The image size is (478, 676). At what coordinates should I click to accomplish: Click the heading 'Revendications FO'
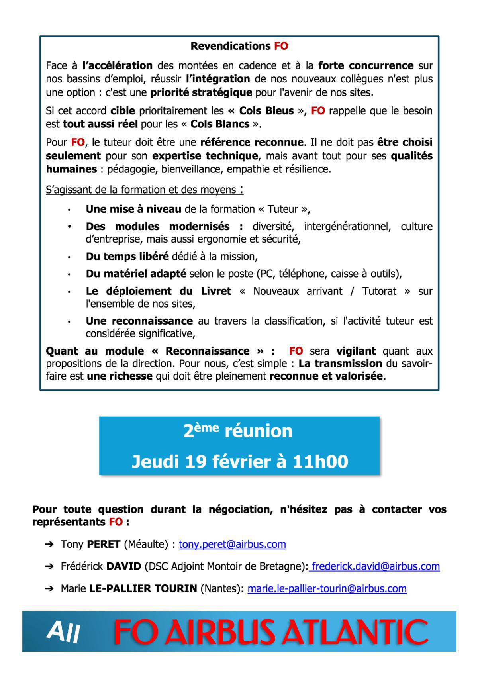pyautogui.click(x=239, y=46)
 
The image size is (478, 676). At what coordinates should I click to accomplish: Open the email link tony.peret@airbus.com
pyautogui.click(x=232, y=544)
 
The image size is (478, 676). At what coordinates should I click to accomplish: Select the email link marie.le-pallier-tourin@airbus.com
pyautogui.click(x=327, y=589)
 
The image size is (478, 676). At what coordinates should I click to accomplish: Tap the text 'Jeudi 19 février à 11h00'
pyautogui.click(x=240, y=462)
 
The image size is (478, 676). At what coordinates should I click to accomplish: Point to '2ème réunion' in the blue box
pyautogui.click(x=238, y=431)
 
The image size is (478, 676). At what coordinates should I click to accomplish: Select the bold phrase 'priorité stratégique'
pyautogui.click(x=201, y=93)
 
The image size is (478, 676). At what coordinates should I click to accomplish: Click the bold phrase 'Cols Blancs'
pyautogui.click(x=220, y=124)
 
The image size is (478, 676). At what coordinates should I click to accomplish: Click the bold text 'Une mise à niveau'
pyautogui.click(x=133, y=209)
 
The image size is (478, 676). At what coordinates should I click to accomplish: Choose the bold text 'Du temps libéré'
pyautogui.click(x=127, y=257)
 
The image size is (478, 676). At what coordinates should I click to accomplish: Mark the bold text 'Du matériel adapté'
pyautogui.click(x=136, y=274)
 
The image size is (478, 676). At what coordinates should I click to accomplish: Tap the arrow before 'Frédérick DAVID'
pyautogui.click(x=49, y=566)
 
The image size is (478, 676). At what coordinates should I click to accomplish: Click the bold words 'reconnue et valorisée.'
pyautogui.click(x=327, y=376)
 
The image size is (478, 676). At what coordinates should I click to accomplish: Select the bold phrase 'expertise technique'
pyautogui.click(x=205, y=156)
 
